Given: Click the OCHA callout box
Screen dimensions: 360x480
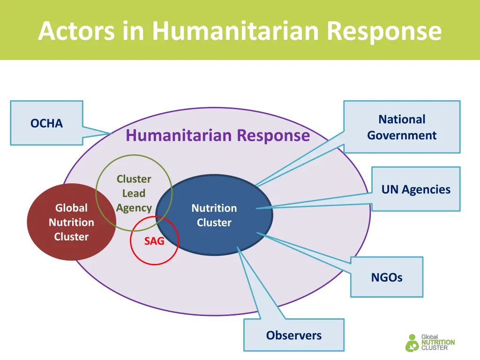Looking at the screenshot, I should coord(46,123).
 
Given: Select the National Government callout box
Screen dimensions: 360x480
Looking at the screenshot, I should coord(402,127).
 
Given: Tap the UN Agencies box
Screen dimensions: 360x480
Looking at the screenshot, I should coord(416,189).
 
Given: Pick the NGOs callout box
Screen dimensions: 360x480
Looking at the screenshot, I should coord(387,277).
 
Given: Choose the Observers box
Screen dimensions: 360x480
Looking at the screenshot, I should coord(294,336).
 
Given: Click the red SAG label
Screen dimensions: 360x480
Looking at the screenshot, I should coord(154,241).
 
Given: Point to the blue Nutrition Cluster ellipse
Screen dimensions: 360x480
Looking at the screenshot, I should coord(214,216).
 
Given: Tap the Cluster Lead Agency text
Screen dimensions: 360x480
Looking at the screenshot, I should coord(134,193).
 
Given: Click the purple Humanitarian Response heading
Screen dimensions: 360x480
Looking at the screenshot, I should coord(217,135).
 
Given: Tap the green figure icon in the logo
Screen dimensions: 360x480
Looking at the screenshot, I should coord(412,343).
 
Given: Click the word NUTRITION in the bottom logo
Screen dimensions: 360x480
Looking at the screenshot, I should coord(438,343).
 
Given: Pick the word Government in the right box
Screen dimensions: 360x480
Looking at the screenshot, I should coord(402,135).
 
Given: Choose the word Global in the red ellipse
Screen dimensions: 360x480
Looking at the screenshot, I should coord(71,208).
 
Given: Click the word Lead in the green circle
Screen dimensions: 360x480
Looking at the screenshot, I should coord(134,193).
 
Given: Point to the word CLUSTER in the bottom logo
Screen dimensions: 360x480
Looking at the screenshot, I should coord(434,348).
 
